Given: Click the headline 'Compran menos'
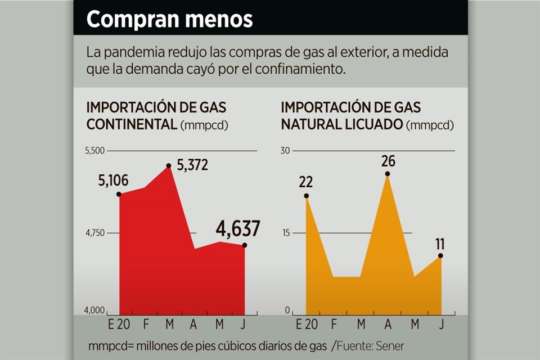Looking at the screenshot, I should click(x=169, y=20).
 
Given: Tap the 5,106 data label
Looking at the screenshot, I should click(x=114, y=181).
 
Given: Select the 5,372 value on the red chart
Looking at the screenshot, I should click(x=193, y=165).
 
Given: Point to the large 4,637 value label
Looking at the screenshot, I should click(x=238, y=229).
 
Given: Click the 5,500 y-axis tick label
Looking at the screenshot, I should click(x=95, y=151).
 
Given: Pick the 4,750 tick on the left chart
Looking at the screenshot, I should click(x=95, y=233).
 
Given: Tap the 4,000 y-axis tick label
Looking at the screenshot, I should click(x=95, y=310).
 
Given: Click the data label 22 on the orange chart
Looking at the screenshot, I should click(x=306, y=182).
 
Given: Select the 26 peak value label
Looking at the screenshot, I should click(x=388, y=161).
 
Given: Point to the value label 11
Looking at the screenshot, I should click(x=440, y=244).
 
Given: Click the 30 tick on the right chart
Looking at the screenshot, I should click(x=285, y=151).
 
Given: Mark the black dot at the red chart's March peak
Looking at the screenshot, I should click(x=169, y=166).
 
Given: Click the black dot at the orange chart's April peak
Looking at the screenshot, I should click(x=388, y=174).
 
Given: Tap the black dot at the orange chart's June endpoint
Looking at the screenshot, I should click(x=440, y=256).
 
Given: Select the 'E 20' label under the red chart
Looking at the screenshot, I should click(x=119, y=325).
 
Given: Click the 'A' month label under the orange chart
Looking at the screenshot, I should click(x=388, y=325).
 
